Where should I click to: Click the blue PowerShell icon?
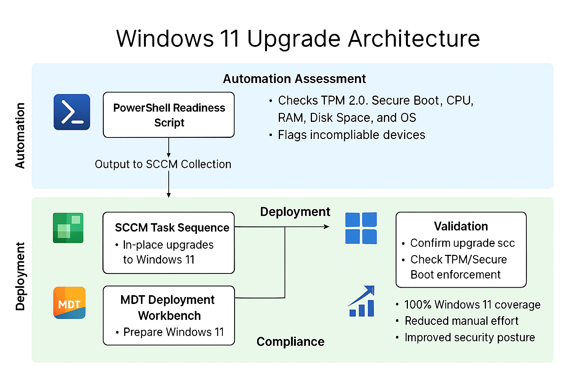coord(72,112)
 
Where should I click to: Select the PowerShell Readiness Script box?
coord(169,115)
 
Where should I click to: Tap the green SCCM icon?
coord(68,228)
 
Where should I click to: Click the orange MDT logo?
coord(69,303)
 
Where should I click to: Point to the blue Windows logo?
coord(361,228)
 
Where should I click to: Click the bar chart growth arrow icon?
coord(362,301)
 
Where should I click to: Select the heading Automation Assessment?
coord(294,79)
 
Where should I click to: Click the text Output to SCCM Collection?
coord(163,164)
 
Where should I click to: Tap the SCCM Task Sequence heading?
coord(172,227)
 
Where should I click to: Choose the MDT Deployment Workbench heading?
coord(168,307)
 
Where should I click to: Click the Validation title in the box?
coord(461,226)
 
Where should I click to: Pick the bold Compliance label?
coord(290,342)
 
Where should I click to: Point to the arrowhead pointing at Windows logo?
coord(326,227)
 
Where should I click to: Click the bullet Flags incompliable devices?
coord(351,135)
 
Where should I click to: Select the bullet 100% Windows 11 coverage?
coord(472,305)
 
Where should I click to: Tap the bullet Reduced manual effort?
coord(461,321)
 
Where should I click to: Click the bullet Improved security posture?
coord(470,337)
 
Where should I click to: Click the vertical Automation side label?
coord(20,135)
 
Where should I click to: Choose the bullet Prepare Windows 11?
coord(173,332)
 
